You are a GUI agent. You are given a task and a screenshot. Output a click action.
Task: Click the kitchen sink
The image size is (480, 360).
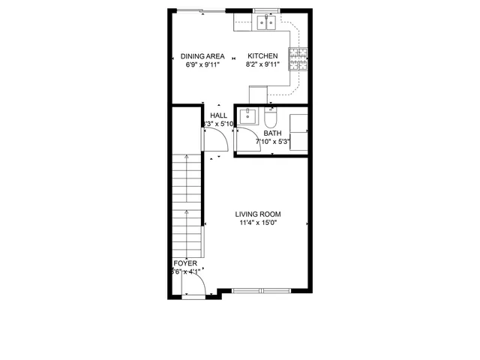(x=265, y=23)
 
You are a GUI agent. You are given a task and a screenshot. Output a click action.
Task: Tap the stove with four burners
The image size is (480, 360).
(x=298, y=58)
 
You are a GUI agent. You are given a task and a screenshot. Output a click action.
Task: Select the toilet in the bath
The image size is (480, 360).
(x=270, y=118)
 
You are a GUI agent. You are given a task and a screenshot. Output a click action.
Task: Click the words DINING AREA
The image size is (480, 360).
(x=202, y=56)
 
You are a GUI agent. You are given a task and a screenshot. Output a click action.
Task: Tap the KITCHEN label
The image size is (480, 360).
(x=263, y=56)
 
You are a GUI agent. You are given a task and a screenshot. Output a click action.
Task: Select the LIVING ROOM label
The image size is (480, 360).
(x=259, y=214)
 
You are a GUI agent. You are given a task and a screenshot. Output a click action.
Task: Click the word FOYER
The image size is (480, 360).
(x=185, y=264)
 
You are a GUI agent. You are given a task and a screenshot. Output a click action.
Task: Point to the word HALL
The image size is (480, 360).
(x=219, y=115)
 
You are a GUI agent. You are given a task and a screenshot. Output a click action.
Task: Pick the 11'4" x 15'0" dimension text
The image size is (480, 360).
(x=259, y=223)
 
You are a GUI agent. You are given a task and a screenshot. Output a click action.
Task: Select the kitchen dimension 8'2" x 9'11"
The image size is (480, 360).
(x=263, y=65)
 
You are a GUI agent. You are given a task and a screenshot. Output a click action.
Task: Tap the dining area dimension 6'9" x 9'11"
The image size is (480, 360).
(x=202, y=65)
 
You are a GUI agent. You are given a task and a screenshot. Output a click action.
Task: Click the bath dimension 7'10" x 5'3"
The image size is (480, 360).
(x=272, y=141)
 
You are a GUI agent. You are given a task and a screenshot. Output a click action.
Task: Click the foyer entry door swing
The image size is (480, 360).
(x=194, y=285)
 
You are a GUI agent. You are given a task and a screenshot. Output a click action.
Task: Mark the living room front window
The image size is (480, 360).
(x=262, y=290)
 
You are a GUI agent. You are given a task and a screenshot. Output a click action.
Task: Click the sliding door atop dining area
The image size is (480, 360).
(x=201, y=10)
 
